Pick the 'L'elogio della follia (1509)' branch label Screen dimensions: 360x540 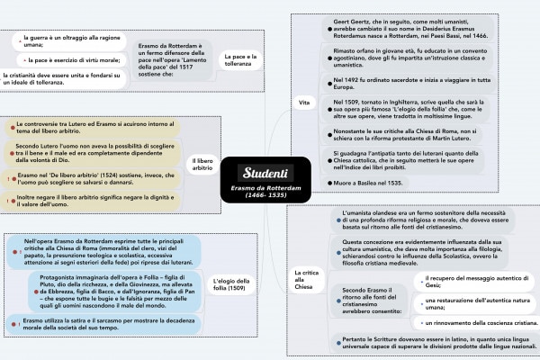tap(235, 285)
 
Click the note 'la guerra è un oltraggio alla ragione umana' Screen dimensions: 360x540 tap(67, 40)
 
